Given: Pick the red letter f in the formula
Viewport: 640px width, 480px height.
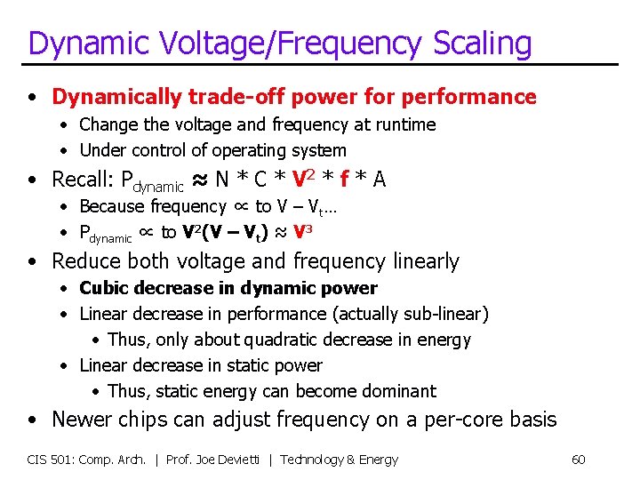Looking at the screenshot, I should (x=344, y=180).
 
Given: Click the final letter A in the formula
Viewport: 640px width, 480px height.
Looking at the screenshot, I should (x=380, y=180).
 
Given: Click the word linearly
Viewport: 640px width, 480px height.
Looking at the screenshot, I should (x=417, y=261).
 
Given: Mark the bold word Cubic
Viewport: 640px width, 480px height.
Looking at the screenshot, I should (x=105, y=288).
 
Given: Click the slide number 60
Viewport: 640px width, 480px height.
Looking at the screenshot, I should (x=578, y=460).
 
